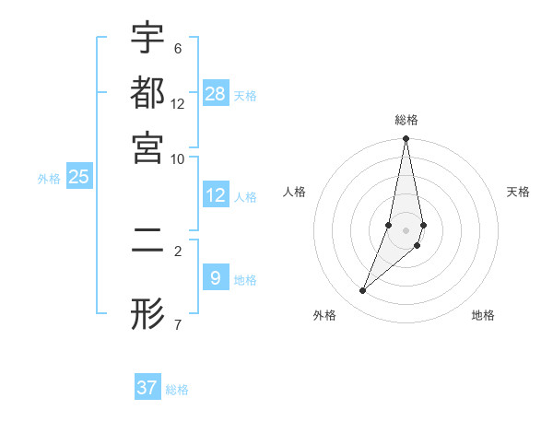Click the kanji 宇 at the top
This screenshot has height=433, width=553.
(147, 39)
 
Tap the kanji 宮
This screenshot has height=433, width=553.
(147, 147)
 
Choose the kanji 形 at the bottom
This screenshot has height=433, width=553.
(147, 314)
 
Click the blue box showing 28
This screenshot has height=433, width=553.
(216, 94)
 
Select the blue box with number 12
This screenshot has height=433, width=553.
(216, 195)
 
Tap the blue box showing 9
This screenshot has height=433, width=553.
(216, 277)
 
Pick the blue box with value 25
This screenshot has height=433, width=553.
(78, 177)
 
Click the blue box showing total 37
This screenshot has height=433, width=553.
(147, 388)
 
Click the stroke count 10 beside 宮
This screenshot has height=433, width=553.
(177, 158)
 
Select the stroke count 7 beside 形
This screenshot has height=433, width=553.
(177, 324)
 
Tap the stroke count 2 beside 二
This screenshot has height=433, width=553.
(177, 250)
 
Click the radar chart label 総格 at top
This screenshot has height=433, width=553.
(406, 121)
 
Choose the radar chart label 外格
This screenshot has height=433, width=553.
(324, 316)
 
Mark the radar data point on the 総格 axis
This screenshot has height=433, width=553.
(406, 139)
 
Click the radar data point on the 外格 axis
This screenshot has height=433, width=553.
(363, 291)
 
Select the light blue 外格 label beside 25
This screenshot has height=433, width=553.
(49, 179)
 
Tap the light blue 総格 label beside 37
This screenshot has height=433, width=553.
(177, 390)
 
